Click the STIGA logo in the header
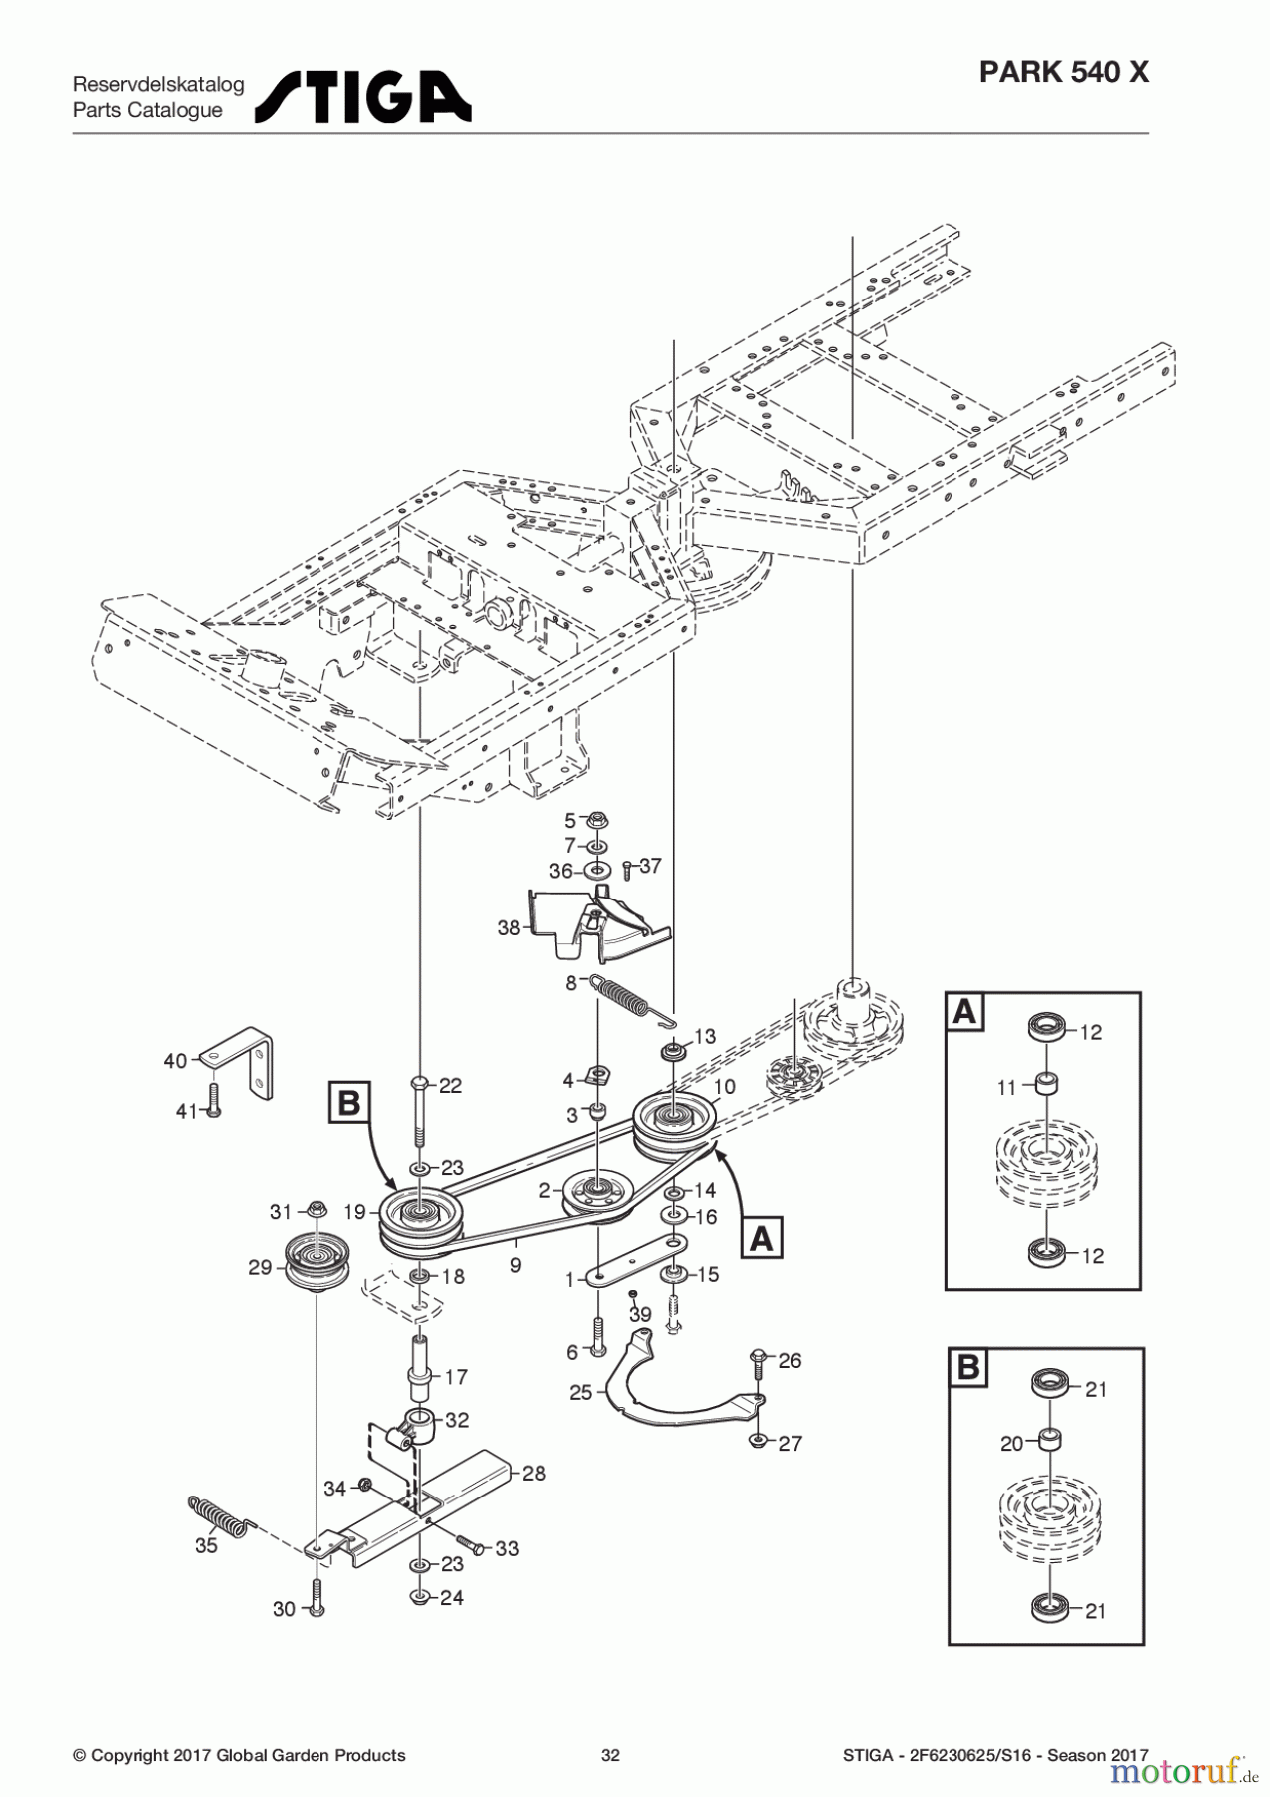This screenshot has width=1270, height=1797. [x=362, y=97]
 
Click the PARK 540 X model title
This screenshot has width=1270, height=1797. [x=1063, y=72]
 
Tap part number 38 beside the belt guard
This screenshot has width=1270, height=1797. [x=509, y=928]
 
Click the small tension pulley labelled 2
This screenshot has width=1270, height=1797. [x=596, y=1193]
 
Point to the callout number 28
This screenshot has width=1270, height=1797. [x=534, y=1473]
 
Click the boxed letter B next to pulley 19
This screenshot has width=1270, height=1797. [x=348, y=1104]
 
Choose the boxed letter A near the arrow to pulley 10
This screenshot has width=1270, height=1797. [x=761, y=1238]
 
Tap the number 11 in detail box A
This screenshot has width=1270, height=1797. [x=1006, y=1088]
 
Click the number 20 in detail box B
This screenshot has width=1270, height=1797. [x=1011, y=1443]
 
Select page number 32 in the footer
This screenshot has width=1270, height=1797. [x=610, y=1755]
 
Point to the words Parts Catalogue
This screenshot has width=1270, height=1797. [x=147, y=110]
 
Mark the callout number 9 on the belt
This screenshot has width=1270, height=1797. [x=515, y=1265]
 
